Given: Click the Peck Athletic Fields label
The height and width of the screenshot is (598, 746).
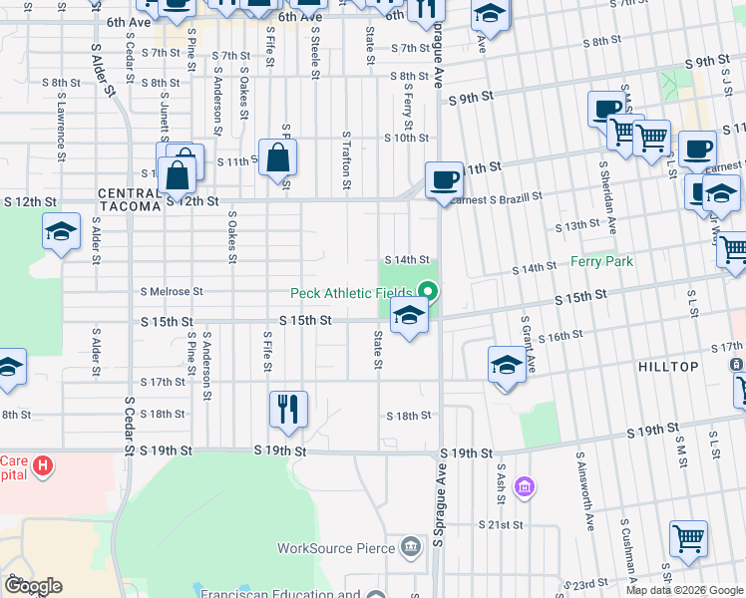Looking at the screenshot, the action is (351, 293).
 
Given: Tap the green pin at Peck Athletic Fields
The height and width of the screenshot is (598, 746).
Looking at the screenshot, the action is (429, 292).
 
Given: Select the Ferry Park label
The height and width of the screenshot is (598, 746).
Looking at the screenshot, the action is (602, 261).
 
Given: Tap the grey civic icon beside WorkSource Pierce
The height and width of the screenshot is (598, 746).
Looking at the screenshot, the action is (410, 546).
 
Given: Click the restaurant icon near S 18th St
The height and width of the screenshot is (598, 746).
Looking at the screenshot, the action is (288, 408).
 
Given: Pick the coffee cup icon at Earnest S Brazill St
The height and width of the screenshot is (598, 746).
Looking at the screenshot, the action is (444, 180).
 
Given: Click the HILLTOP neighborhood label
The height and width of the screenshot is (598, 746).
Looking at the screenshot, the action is (668, 367).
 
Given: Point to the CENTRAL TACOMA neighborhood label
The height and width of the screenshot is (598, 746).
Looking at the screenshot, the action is (130, 199).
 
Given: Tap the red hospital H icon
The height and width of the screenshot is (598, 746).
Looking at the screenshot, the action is (43, 464).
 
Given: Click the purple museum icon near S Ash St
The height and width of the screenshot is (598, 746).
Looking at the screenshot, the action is (524, 487).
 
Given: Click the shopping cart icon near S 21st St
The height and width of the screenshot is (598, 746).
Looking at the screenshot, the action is (688, 539).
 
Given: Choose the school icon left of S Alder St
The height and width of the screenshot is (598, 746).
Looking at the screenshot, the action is (61, 232).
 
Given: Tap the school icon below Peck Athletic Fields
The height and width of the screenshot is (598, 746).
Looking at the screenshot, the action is (409, 316).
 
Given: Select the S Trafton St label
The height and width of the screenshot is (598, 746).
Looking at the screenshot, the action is (346, 158).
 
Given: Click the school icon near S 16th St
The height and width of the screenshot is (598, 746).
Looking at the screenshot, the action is (507, 365).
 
